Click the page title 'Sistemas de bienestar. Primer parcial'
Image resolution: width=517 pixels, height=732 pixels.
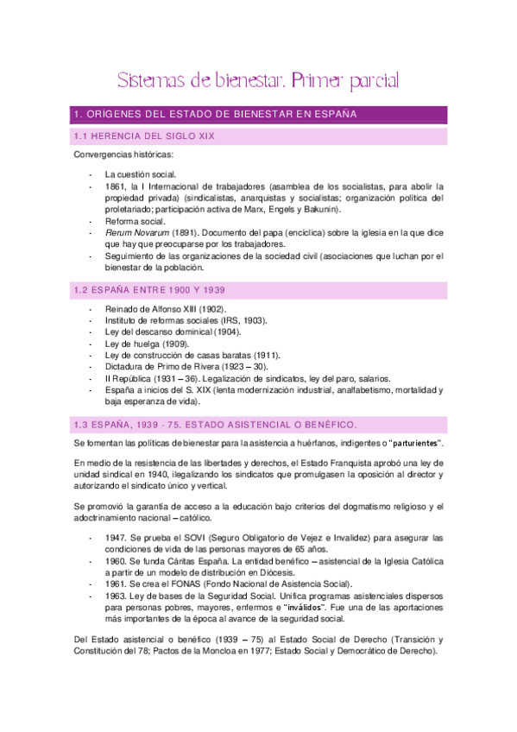pyautogui.click(x=258, y=82)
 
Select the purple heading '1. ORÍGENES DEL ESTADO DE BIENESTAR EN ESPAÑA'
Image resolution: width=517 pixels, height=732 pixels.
pyautogui.click(x=212, y=114)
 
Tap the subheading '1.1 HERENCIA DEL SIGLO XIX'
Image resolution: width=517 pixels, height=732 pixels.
pyautogui.click(x=144, y=136)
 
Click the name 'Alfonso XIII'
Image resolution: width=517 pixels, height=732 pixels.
pyautogui.click(x=182, y=308)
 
